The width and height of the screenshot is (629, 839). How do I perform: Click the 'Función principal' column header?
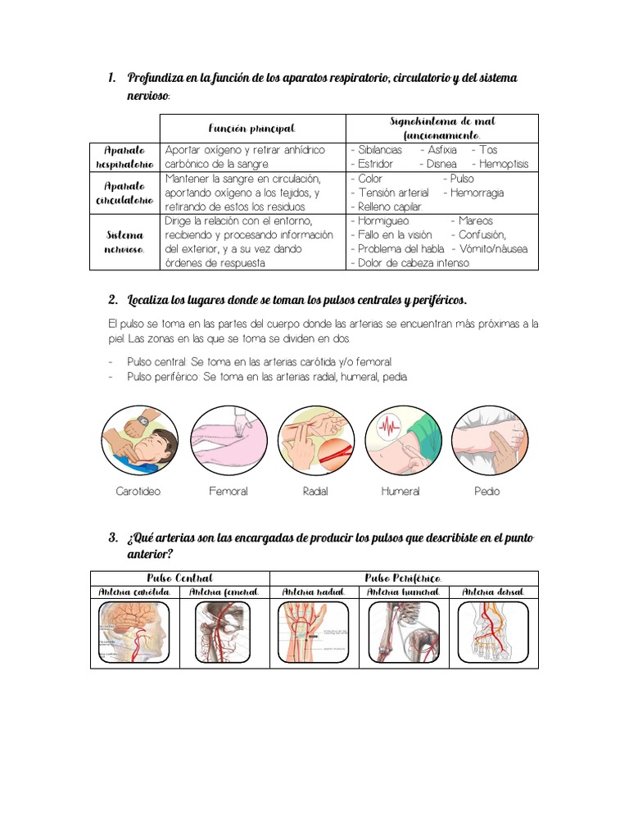tap(251, 129)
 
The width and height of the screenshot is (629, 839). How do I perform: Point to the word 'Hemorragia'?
tap(477, 193)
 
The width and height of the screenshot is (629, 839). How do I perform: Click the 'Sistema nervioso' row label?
tap(125, 242)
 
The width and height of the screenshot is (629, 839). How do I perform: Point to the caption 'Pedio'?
tap(486, 492)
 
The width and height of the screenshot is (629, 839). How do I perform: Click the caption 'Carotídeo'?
tap(138, 492)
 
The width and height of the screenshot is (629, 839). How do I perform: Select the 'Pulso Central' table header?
tap(179, 578)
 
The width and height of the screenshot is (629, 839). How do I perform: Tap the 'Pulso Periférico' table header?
tap(404, 578)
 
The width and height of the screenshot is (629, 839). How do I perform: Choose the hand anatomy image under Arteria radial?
tap(314, 633)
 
